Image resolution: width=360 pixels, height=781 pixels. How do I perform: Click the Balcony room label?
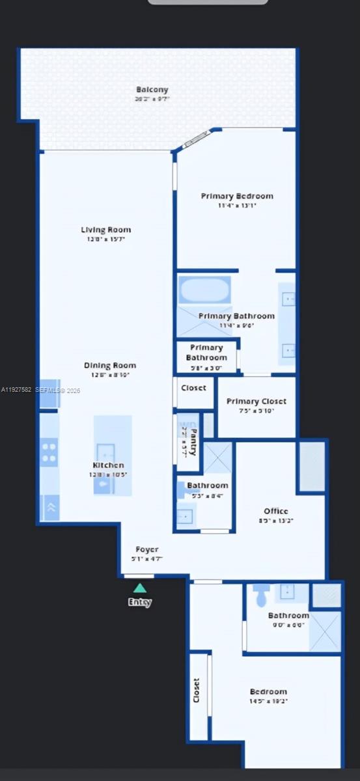coord(152,90)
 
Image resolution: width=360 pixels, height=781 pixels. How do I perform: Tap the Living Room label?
coord(105,230)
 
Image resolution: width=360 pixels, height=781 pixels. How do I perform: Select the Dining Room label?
coord(110,365)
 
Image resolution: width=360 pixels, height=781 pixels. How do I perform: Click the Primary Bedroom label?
coord(237,196)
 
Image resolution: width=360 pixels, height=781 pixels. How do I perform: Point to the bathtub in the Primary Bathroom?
coord(204,290)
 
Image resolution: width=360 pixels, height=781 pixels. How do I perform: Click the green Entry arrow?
coord(140,588)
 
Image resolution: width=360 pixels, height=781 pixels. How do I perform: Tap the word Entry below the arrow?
coord(140,603)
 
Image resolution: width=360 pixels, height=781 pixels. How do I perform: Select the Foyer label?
coord(147,549)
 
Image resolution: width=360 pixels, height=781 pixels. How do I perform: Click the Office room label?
coord(276,511)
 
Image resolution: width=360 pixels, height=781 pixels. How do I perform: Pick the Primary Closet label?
coord(256,402)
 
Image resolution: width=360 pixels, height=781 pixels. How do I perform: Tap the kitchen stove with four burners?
coord(49,451)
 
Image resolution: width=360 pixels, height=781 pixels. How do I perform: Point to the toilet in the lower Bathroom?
coord(262,595)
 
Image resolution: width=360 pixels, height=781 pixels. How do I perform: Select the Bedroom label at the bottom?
coord(268,692)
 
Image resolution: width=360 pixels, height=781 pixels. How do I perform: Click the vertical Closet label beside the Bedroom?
coord(197,691)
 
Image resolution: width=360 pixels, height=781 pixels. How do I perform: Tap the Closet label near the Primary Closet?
coord(194,387)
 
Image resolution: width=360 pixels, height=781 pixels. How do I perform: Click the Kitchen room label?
coord(108,465)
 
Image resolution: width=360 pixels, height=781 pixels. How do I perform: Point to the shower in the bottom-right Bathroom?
coord(325,630)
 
